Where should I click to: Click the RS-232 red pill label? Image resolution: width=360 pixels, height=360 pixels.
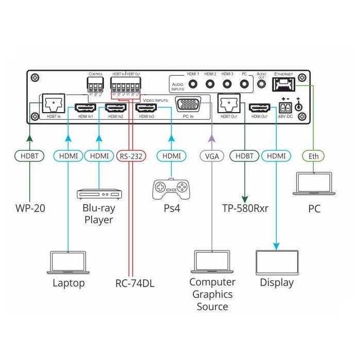coord(131,155)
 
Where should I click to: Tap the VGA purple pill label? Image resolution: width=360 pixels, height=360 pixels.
coord(211,155)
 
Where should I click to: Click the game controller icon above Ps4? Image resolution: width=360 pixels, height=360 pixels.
coord(172,189)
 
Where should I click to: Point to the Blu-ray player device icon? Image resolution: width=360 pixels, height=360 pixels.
coord(99,194)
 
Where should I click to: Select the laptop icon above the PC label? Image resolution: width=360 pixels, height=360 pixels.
coord(313,184)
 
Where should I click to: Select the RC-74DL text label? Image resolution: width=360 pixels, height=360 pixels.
coord(135,283)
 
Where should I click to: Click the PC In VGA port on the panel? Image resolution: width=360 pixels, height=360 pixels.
coord(188,105)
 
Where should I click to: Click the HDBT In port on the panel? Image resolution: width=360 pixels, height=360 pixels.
coord(51,105)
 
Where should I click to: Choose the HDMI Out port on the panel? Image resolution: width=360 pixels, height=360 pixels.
coord(260,108)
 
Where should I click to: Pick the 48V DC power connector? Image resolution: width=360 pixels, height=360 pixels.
coord(284,108)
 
